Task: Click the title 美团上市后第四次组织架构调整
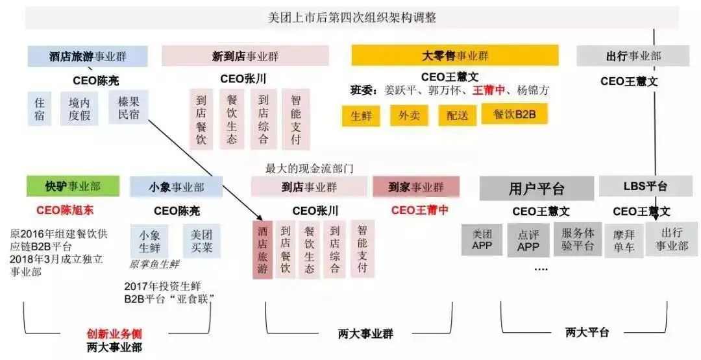352,18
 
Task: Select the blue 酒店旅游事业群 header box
88,56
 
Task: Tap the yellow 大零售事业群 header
455,55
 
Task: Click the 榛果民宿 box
129,108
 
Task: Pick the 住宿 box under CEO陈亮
40,109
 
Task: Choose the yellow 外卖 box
409,115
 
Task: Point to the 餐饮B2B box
515,114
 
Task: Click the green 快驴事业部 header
73,186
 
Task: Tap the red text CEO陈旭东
66,210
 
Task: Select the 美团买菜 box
202,241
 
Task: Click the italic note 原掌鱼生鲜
154,264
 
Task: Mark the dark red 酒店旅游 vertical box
262,250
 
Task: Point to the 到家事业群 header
416,187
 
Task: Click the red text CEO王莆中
420,210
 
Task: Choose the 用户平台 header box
537,189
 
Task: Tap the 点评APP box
528,241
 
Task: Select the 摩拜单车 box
623,241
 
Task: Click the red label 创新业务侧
114,333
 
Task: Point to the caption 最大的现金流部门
310,169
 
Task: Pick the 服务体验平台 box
578,239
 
